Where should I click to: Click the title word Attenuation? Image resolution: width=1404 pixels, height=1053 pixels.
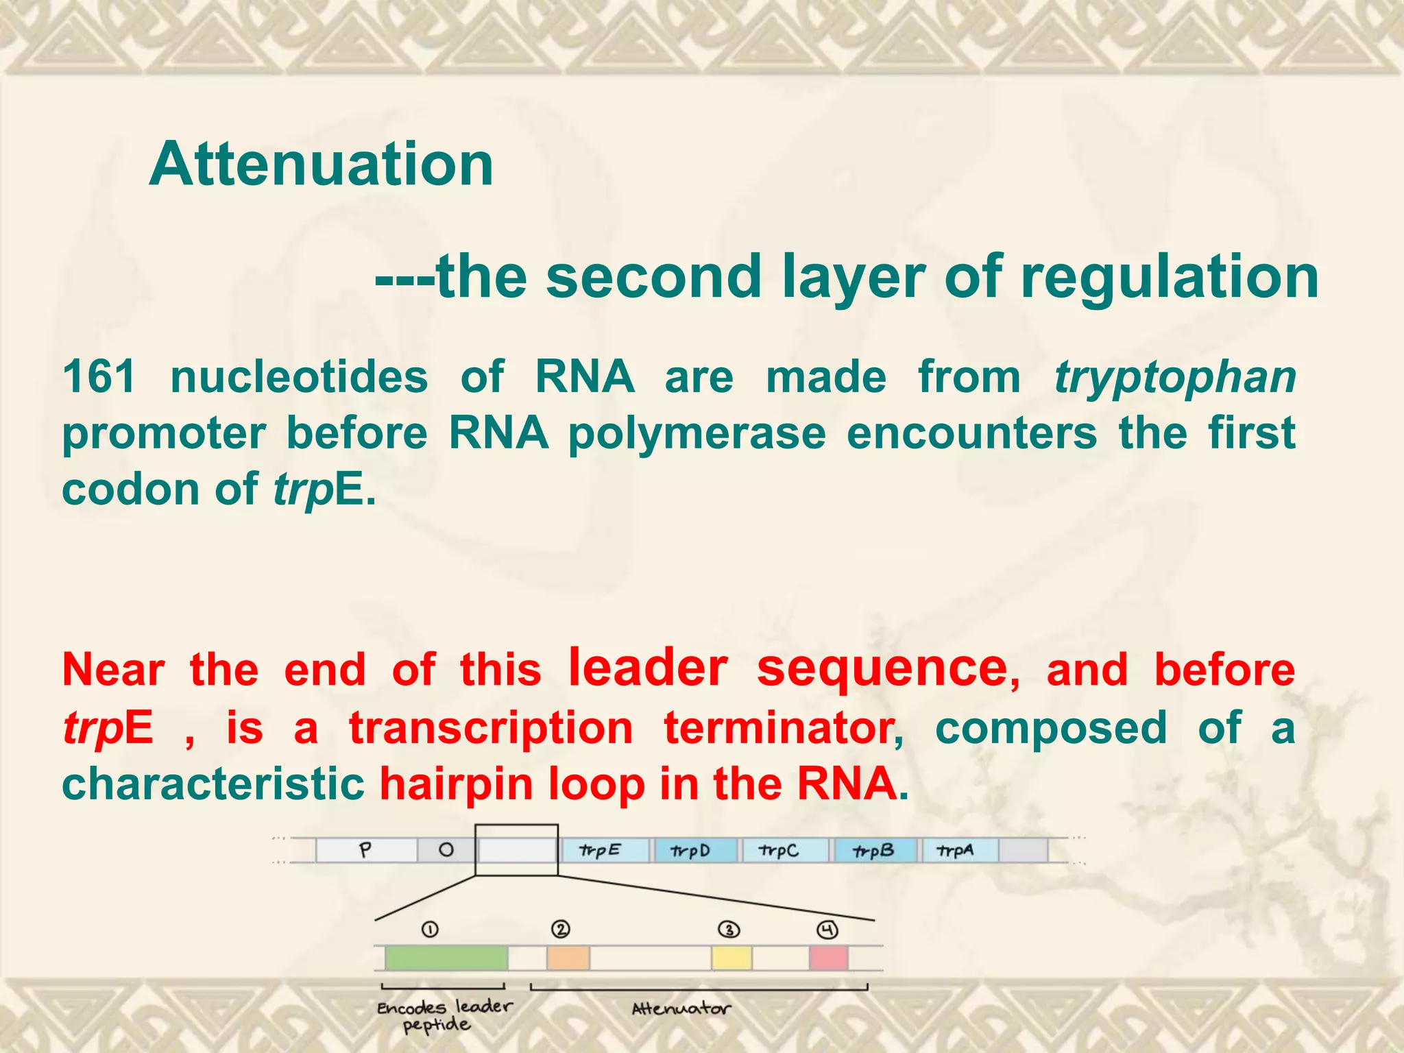coord(321,164)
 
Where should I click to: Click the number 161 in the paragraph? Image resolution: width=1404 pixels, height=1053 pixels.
coord(99,377)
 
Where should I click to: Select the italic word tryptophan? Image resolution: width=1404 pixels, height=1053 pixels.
coord(1174,378)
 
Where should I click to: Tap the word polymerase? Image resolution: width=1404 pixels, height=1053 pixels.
coord(697,433)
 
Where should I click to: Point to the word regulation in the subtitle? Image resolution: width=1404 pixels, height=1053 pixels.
coord(1169,276)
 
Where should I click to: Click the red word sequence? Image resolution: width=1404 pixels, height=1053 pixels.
coord(882,668)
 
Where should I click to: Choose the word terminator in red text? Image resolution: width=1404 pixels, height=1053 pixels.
coord(782,727)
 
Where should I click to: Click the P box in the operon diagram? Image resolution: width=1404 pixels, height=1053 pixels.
coord(366,850)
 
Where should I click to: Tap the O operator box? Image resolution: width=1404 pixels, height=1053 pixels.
coord(446,850)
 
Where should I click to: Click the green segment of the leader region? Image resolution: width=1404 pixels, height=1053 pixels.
coord(446,958)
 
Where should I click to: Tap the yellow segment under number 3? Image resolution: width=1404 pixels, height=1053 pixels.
coord(731,958)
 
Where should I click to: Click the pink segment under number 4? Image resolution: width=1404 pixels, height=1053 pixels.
coord(828,958)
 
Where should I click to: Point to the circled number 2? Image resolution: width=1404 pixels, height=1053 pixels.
coord(561,930)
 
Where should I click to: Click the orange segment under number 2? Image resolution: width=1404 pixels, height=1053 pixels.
coord(568,958)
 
